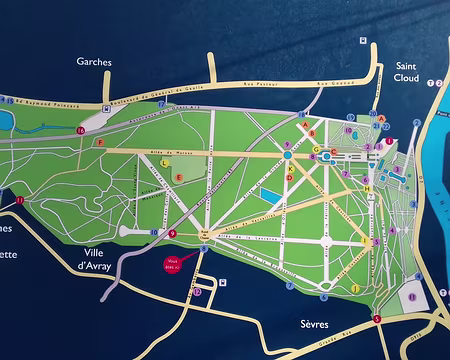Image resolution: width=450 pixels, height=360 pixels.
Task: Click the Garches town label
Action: [93, 61]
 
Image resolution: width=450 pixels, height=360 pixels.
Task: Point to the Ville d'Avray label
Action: [100, 259]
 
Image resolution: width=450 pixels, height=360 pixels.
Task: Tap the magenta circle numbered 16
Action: [80, 131]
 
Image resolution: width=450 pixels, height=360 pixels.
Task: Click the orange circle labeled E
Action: [178, 177]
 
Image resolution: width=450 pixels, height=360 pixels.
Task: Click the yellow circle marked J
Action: [355, 288]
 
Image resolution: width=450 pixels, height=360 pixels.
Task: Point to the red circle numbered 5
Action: [376, 319]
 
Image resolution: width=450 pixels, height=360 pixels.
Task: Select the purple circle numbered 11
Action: [19, 200]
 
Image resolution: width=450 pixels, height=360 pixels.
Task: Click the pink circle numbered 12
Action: [198, 292]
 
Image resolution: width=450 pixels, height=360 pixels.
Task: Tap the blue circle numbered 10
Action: [156, 231]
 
